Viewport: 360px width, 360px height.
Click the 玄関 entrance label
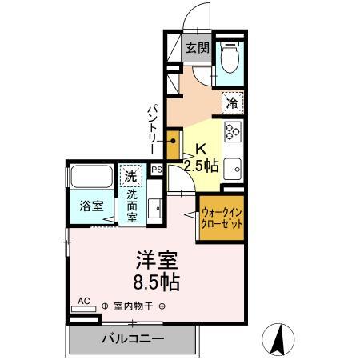click(x=198, y=48)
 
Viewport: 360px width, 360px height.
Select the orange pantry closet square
click(x=174, y=146)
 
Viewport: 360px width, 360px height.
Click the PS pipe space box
click(x=157, y=169)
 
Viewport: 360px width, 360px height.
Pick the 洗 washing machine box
click(x=130, y=175)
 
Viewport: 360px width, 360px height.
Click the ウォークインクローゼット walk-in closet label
click(x=222, y=218)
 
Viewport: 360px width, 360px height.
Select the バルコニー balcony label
click(x=133, y=338)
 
